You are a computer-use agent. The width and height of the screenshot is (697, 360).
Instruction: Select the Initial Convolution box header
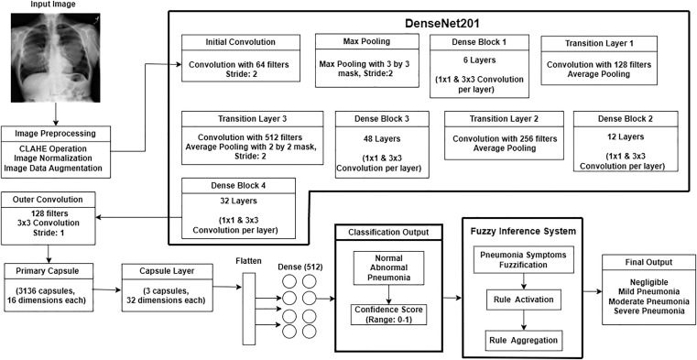(241, 43)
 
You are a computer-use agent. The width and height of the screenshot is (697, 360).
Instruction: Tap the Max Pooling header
(366, 41)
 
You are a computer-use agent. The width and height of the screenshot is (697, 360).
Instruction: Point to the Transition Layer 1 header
(599, 43)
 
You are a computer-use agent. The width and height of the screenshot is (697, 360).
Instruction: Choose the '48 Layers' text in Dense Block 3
(382, 138)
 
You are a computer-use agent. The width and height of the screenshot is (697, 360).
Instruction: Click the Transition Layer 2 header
(504, 119)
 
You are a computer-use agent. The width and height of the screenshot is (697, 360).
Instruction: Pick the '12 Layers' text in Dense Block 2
(626, 136)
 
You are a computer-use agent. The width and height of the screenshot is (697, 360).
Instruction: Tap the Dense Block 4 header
(239, 186)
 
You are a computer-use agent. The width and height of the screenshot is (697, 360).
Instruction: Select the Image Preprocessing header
(56, 134)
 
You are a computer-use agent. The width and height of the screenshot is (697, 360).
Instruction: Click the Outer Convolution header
(48, 199)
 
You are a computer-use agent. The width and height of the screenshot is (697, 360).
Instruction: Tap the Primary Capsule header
(49, 270)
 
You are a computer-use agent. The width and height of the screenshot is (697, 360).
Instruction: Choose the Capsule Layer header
(166, 270)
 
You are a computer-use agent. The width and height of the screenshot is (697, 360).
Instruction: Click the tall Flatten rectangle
(249, 309)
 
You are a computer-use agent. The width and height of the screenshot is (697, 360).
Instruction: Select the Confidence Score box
(388, 314)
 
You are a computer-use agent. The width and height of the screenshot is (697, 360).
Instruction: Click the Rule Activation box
(524, 300)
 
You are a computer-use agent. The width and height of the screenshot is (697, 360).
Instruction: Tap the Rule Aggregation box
(524, 341)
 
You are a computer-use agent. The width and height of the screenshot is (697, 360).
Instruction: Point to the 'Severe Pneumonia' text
(649, 311)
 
